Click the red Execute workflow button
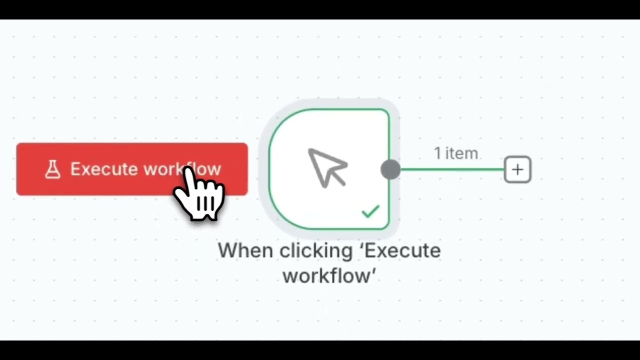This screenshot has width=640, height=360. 100,169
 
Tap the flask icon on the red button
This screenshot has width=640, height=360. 52,169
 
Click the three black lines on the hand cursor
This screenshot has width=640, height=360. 205,203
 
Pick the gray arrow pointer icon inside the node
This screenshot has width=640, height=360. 327,167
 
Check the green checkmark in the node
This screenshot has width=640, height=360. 370,211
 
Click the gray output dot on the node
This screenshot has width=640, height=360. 390,169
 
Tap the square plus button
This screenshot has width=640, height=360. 517,170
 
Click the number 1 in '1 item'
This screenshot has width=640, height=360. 438,153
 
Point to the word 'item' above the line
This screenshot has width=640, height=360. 462,153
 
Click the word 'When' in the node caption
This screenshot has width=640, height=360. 246,250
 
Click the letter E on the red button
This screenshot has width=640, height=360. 75,169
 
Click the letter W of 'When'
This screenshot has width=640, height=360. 228,250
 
